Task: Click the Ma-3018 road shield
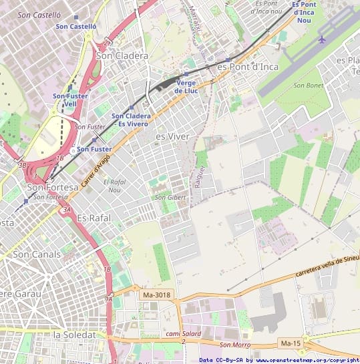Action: (x=156, y=295)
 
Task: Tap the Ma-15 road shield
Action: (x=290, y=343)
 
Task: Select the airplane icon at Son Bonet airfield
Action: (x=322, y=39)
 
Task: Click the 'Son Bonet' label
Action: (x=308, y=85)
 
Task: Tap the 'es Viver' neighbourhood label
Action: (x=172, y=136)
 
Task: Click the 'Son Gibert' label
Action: (x=170, y=198)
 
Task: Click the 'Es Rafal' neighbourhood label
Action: (x=93, y=218)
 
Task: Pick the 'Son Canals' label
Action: (x=37, y=254)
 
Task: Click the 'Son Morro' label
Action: (x=234, y=345)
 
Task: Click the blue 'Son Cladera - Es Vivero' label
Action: (x=131, y=120)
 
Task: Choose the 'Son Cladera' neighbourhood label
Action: (x=123, y=56)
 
